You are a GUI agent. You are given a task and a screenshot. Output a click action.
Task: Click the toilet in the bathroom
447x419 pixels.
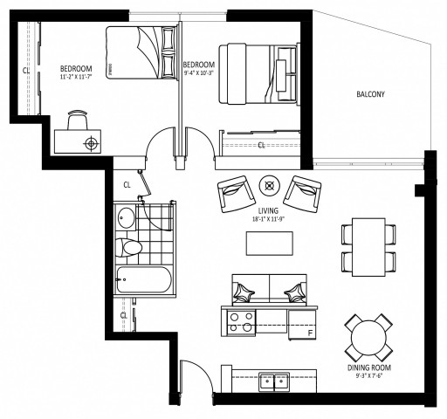tap(132, 248)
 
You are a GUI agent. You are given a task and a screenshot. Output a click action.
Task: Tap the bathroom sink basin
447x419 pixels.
tap(127, 217)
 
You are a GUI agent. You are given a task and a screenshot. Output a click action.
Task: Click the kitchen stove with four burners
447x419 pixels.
tap(240, 323)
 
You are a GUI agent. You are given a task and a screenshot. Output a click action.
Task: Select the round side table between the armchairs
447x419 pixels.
tap(270, 184)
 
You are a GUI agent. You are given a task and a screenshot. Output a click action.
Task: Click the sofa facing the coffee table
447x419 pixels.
tap(271, 288)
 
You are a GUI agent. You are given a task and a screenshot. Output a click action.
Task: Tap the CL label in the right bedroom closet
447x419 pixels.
tap(261, 145)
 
